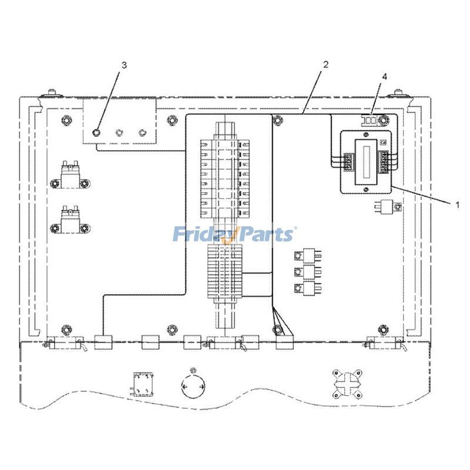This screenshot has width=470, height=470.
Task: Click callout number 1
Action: point(457,205)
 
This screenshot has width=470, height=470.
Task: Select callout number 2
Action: point(326,64)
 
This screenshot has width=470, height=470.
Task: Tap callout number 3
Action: point(124,65)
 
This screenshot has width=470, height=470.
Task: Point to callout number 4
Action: point(384,77)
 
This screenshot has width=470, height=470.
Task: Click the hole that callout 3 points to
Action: point(96,132)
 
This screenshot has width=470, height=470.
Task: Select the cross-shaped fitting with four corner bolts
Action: point(347,385)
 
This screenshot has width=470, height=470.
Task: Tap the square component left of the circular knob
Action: point(143,384)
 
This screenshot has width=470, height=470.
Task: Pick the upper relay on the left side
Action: point(70,177)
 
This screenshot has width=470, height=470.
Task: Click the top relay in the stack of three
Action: point(308,256)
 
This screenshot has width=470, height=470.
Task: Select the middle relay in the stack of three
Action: point(308,272)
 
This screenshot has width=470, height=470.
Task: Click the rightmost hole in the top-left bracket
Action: point(142,132)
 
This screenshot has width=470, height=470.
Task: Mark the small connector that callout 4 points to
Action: point(370,121)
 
